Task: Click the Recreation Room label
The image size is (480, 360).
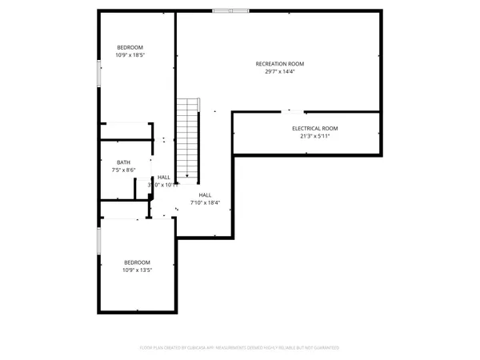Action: [280, 64]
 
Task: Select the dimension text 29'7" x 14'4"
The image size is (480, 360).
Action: [280, 72]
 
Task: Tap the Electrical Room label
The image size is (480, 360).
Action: [315, 128]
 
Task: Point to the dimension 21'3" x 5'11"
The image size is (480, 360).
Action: [315, 136]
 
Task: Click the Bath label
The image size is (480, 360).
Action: [123, 162]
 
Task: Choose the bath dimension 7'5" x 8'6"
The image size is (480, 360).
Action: [123, 170]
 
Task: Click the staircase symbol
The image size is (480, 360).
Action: [187, 136]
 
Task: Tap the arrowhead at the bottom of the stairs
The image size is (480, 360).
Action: [187, 177]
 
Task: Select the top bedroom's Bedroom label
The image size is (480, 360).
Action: [130, 47]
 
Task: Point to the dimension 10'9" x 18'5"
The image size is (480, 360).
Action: [130, 55]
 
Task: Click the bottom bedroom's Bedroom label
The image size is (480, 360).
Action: [137, 262]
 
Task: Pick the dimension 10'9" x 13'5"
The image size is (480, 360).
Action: [137, 270]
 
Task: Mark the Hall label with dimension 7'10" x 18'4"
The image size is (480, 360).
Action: [205, 194]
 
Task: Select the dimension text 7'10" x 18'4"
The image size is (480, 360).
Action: [205, 202]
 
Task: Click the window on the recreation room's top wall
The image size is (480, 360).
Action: [231, 11]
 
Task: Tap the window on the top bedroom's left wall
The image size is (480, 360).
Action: [98, 74]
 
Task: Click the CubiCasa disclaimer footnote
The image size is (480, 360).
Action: [240, 348]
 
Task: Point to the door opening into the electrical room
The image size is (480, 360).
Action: [295, 111]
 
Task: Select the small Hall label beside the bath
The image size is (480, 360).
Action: [164, 177]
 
